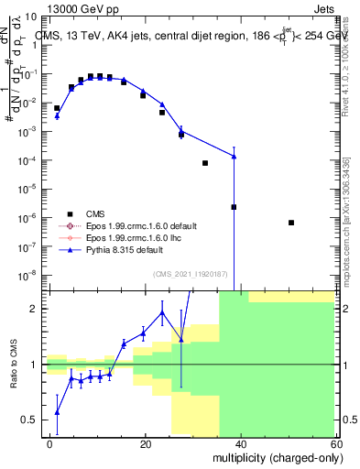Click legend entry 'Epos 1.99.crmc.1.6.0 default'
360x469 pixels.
(x=139, y=225)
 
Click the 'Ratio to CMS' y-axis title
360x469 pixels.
(x=14, y=364)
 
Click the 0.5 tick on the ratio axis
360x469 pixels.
(x=33, y=420)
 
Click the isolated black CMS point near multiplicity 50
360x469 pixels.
(x=290, y=223)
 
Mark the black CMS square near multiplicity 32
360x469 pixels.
(x=205, y=163)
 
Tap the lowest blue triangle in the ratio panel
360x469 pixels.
(x=57, y=411)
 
